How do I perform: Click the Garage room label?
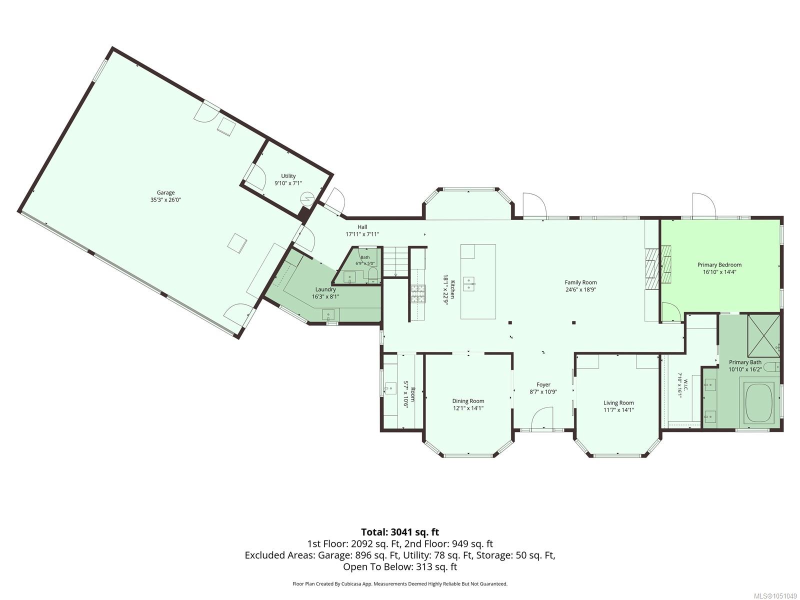(165, 192)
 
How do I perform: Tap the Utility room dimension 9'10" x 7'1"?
(288, 183)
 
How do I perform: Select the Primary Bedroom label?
(719, 265)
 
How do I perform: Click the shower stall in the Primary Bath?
(763, 335)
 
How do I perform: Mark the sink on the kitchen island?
(469, 283)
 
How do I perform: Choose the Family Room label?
(580, 282)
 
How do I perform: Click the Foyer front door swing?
(542, 418)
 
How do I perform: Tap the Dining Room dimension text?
(468, 408)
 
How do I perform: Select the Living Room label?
(618, 402)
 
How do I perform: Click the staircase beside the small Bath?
(394, 261)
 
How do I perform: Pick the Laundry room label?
(325, 289)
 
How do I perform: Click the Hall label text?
(362, 227)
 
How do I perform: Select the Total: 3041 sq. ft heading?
(400, 532)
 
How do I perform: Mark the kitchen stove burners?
(418, 294)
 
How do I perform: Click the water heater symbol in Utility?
(307, 199)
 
